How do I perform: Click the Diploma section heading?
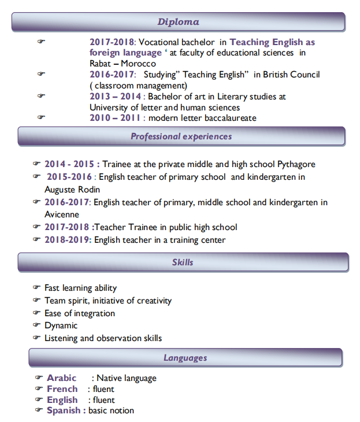pos(178,22)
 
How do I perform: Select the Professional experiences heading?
pos(181,136)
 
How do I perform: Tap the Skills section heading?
pos(183,262)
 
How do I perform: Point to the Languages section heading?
pos(185,358)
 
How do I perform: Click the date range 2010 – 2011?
pos(113,118)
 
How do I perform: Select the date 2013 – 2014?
pos(115,97)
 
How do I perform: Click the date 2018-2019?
pos(68,239)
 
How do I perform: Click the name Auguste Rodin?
pos(72,189)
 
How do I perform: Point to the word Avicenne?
pos(62,214)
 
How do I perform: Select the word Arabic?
pos(61,378)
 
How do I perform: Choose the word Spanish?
pos(64,410)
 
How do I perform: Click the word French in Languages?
pos(62,389)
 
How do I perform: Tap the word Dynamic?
pos(61,325)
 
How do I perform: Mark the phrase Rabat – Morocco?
pos(123,64)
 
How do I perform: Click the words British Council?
pos(291,75)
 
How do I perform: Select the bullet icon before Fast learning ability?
pos(37,287)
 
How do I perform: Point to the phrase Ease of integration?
pos(80,313)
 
